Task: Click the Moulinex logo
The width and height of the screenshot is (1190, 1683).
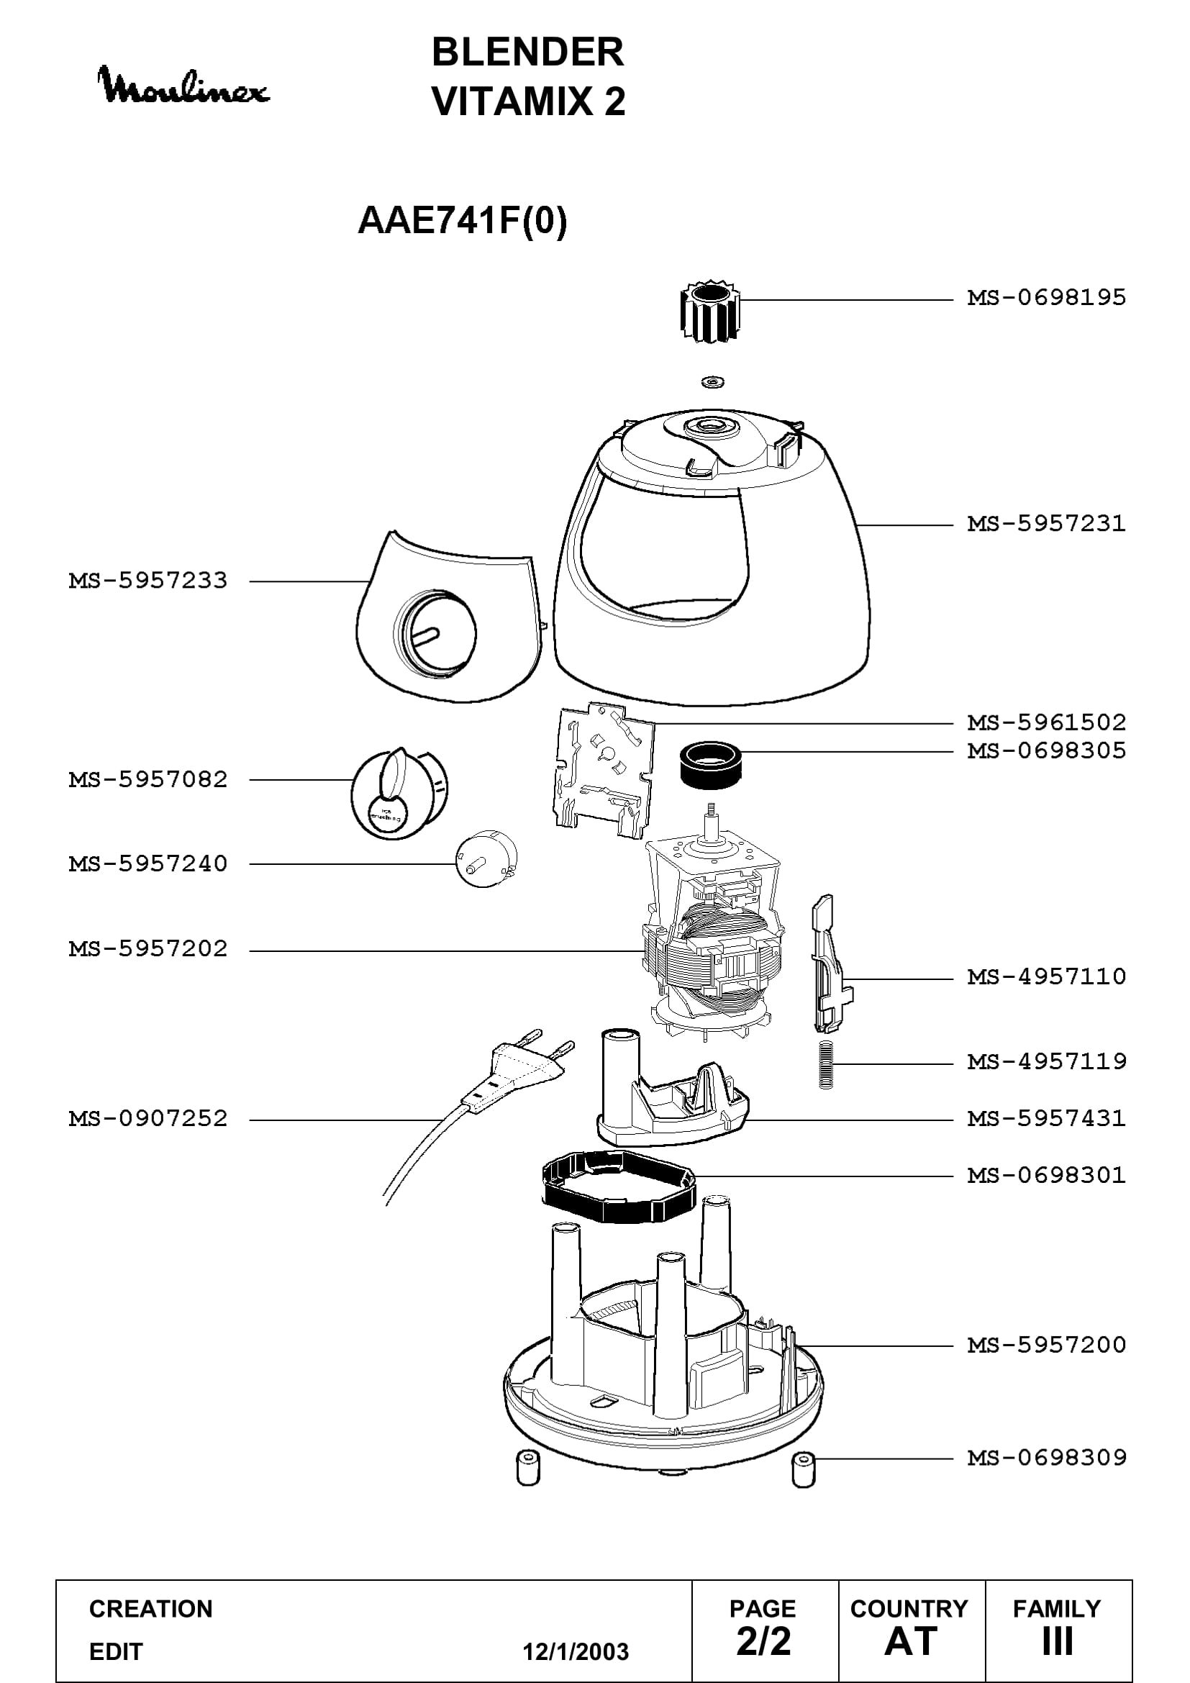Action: pyautogui.click(x=183, y=85)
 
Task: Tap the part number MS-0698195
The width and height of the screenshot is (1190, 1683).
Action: pyautogui.click(x=1046, y=298)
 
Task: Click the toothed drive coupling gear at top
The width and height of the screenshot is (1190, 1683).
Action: pyautogui.click(x=709, y=311)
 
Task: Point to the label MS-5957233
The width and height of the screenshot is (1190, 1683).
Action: pyautogui.click(x=148, y=581)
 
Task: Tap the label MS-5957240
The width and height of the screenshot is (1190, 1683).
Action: pyautogui.click(x=148, y=863)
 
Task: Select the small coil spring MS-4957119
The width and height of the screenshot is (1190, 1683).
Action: pyautogui.click(x=827, y=1065)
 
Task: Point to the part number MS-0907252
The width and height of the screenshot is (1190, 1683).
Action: pyautogui.click(x=148, y=1119)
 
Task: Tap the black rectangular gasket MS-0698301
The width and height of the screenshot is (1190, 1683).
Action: pyautogui.click(x=619, y=1185)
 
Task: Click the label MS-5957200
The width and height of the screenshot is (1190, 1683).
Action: pyautogui.click(x=1046, y=1345)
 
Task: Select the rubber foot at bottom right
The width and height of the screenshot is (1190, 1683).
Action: pyautogui.click(x=804, y=1469)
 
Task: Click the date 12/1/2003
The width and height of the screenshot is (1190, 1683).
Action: pyautogui.click(x=576, y=1651)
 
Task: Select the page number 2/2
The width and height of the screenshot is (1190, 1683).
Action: pyautogui.click(x=763, y=1642)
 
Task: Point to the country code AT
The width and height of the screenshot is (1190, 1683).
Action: pyautogui.click(x=911, y=1642)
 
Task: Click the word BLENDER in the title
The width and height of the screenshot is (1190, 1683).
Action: pyautogui.click(x=527, y=52)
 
